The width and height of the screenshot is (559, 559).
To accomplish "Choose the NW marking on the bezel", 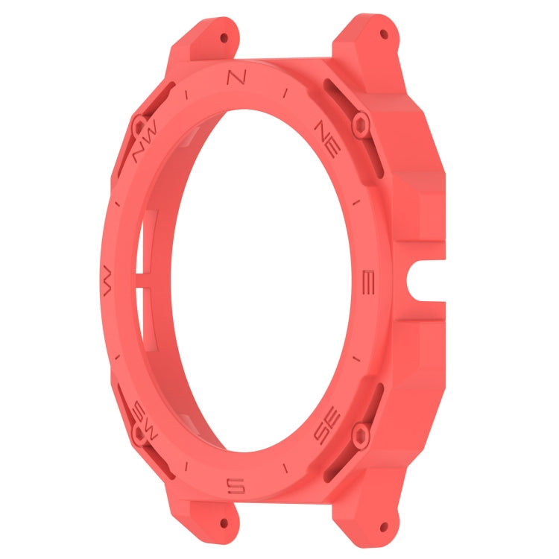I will tap(145, 147).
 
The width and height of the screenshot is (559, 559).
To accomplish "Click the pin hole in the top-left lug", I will tap(224, 36).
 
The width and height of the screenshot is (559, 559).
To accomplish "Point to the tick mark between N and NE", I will tap(285, 93).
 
